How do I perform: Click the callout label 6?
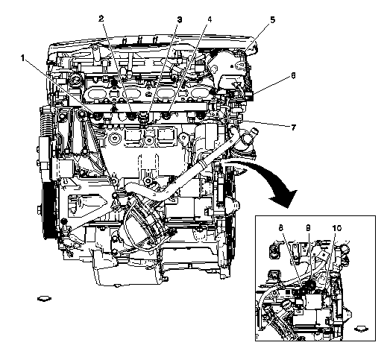tap(293, 75)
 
